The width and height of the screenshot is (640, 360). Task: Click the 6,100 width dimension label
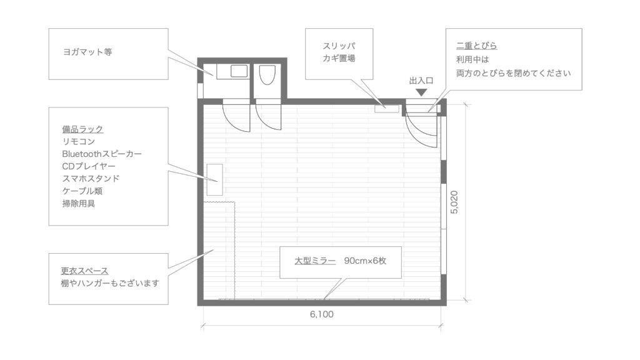click(322, 314)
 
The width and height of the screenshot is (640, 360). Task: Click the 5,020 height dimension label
click(454, 202)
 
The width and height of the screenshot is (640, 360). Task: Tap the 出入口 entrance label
click(421, 81)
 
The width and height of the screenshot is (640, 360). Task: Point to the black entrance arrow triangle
click(421, 92)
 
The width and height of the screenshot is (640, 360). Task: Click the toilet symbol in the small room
click(267, 74)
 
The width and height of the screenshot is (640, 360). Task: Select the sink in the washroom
click(239, 71)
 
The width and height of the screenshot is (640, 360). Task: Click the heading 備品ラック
click(82, 129)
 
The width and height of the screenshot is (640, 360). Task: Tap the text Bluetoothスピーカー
click(102, 154)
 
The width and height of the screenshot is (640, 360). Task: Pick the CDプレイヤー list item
click(89, 166)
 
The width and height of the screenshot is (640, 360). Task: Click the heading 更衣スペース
click(84, 271)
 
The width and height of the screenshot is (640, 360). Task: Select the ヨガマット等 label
click(87, 52)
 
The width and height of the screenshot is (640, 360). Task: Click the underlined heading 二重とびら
click(476, 46)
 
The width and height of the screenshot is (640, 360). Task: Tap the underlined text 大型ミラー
click(315, 261)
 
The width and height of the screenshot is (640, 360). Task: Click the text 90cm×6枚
click(365, 261)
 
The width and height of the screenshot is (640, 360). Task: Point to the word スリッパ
click(339, 46)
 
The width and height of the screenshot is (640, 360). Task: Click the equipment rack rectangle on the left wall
click(215, 179)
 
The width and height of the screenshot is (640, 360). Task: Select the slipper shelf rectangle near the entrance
click(387, 109)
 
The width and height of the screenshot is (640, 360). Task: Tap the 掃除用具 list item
click(78, 203)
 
